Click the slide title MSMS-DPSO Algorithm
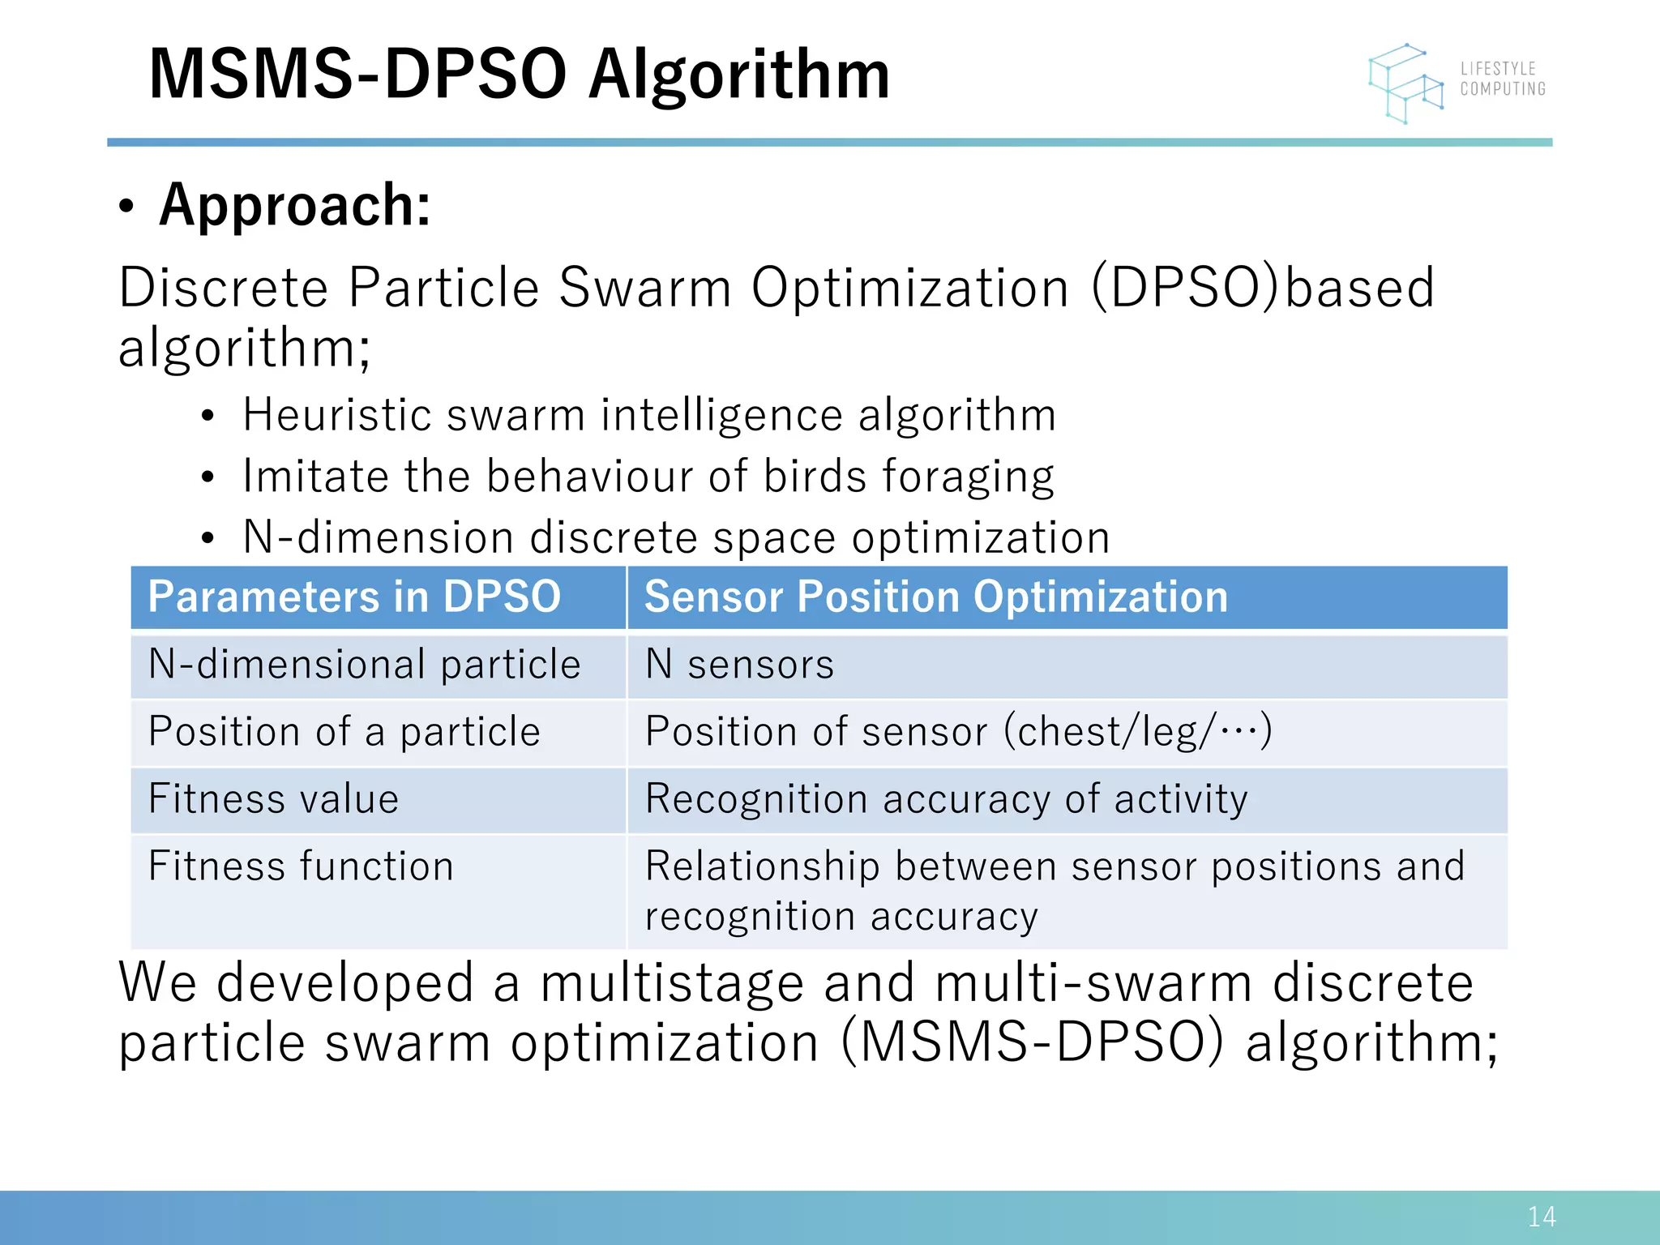click(519, 75)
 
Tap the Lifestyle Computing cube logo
click(1406, 83)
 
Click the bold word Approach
click(295, 205)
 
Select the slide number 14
click(1541, 1217)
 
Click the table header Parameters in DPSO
click(354, 597)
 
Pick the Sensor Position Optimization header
click(935, 597)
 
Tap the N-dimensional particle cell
click(365, 665)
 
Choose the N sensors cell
click(739, 665)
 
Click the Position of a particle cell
click(344, 732)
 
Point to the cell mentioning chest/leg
click(958, 732)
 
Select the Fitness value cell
click(274, 799)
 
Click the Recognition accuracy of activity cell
click(946, 799)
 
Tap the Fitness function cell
click(301, 866)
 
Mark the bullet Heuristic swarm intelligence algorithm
click(649, 415)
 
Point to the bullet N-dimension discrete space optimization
click(676, 537)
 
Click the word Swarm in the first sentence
click(645, 288)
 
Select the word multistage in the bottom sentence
click(672, 983)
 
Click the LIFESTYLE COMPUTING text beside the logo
click(1503, 79)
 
